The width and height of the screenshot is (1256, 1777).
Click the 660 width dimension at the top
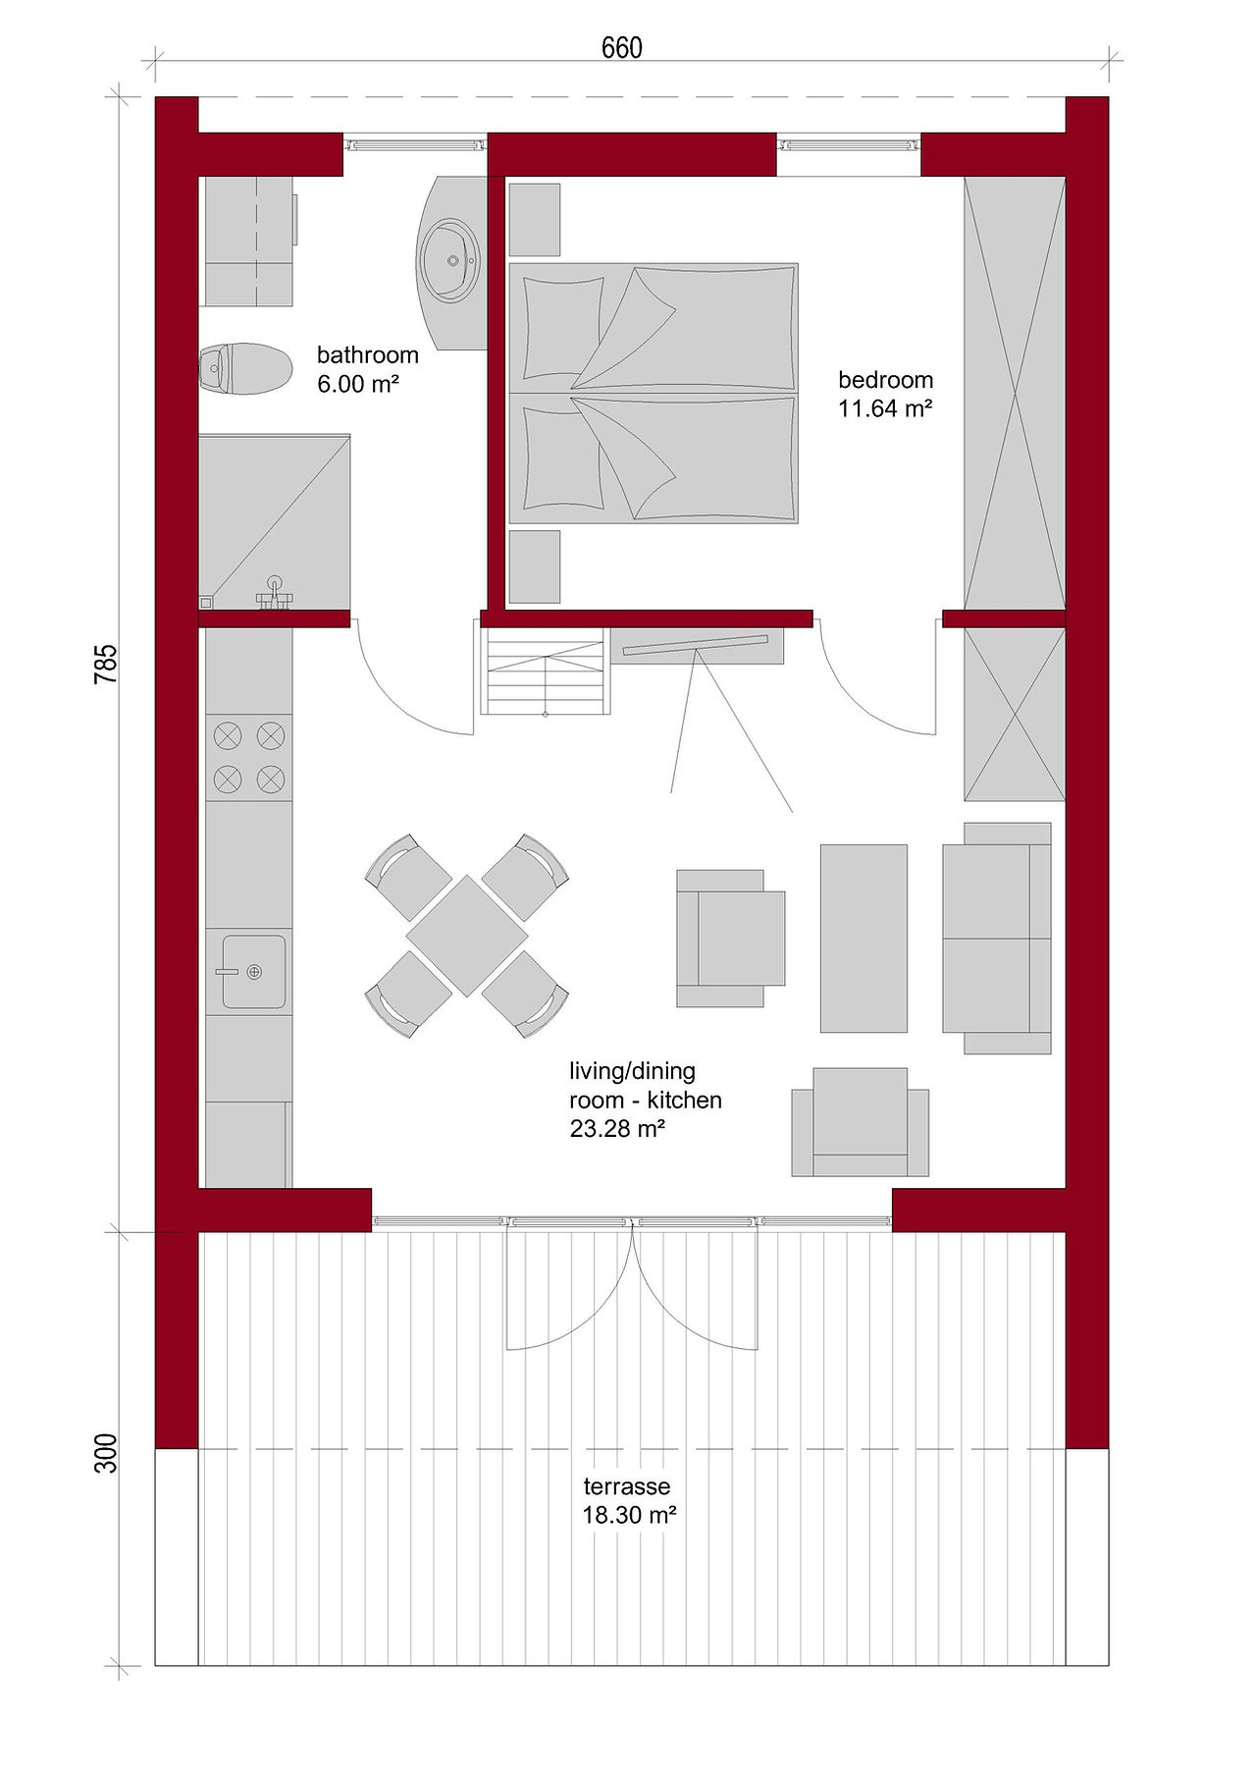tap(621, 47)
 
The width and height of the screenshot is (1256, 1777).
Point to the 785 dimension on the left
tap(106, 664)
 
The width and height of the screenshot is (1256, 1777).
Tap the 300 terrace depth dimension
tap(106, 1453)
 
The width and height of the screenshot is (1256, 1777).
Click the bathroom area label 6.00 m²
tap(357, 384)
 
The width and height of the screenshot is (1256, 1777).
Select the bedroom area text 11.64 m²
tap(884, 408)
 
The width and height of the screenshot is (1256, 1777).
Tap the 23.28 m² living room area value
tap(617, 1129)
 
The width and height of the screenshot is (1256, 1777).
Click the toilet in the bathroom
tap(246, 368)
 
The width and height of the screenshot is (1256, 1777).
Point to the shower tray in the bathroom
tap(275, 521)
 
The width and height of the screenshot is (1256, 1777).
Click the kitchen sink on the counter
tap(253, 972)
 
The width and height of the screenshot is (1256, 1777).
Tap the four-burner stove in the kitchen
tap(249, 757)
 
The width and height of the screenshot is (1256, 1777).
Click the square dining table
tap(467, 936)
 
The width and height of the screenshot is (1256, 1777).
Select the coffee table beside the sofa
tap(863, 938)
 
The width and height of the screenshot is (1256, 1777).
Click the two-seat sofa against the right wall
tap(997, 938)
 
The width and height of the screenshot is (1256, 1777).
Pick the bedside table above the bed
tap(534, 220)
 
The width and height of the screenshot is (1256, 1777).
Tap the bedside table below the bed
tap(534, 566)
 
